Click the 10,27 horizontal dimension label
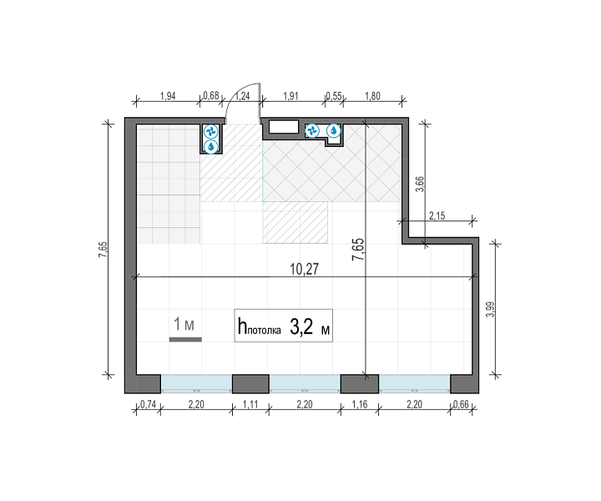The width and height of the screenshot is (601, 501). [304, 269]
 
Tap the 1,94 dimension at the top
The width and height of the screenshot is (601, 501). [168, 96]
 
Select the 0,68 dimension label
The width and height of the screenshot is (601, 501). [211, 95]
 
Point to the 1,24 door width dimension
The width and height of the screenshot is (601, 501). [242, 96]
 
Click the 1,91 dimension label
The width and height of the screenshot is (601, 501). [290, 96]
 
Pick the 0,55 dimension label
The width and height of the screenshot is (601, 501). [334, 96]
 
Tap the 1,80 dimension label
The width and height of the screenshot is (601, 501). [372, 96]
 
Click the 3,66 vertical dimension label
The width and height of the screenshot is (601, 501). [420, 184]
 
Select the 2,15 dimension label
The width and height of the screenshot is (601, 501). [437, 215]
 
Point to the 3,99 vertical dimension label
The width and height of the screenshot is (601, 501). [490, 309]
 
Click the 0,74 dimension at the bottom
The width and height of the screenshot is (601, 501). [148, 404]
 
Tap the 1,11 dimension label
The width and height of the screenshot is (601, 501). [250, 404]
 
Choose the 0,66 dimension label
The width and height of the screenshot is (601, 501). [461, 404]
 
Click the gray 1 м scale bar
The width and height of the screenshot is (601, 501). [185, 339]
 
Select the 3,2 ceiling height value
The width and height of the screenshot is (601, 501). [301, 327]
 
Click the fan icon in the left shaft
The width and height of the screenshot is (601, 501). [210, 132]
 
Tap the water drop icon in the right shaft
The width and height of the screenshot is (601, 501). [334, 131]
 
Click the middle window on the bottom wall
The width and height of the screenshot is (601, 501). [305, 384]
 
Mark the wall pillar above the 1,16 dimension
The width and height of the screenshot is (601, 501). [360, 384]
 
